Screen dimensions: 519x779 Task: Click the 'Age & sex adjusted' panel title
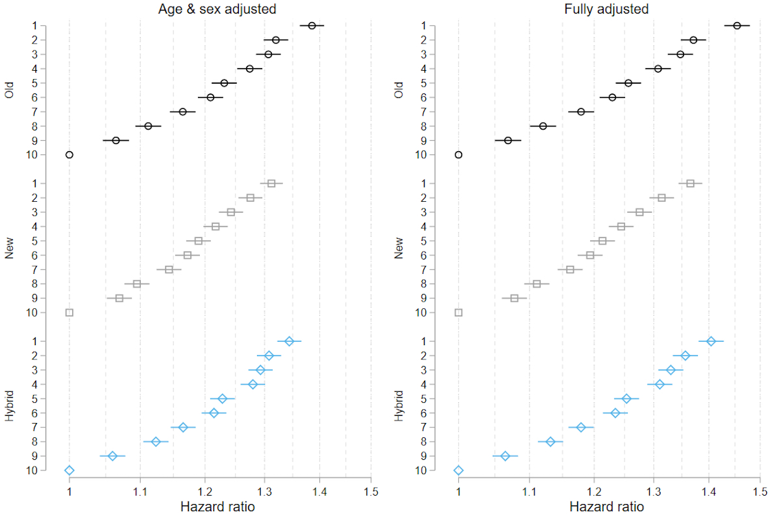pyautogui.click(x=217, y=9)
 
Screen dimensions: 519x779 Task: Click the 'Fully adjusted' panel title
pyautogui.click(x=606, y=9)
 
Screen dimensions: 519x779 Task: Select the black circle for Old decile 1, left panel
pyautogui.click(x=312, y=26)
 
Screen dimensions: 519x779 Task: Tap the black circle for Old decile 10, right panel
pyautogui.click(x=459, y=154)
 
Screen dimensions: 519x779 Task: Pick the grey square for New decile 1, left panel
pyautogui.click(x=271, y=184)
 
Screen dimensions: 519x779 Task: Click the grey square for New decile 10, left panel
pyautogui.click(x=69, y=313)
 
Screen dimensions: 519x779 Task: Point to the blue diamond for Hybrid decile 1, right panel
pyautogui.click(x=711, y=341)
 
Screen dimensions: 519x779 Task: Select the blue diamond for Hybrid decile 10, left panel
pyautogui.click(x=69, y=470)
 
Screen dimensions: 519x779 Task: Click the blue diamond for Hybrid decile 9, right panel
pyautogui.click(x=505, y=456)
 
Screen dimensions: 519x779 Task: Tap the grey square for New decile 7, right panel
pyautogui.click(x=570, y=269)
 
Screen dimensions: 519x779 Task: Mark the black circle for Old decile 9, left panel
pyautogui.click(x=116, y=140)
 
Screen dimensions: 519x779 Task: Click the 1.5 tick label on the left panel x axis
pyautogui.click(x=371, y=491)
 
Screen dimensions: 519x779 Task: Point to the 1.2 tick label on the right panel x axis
pyautogui.click(x=593, y=491)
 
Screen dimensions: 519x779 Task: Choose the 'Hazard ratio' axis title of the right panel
pyautogui.click(x=608, y=507)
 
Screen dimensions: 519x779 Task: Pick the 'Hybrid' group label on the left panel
pyautogui.click(x=9, y=406)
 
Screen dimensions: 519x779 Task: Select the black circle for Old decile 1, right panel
pyautogui.click(x=737, y=26)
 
